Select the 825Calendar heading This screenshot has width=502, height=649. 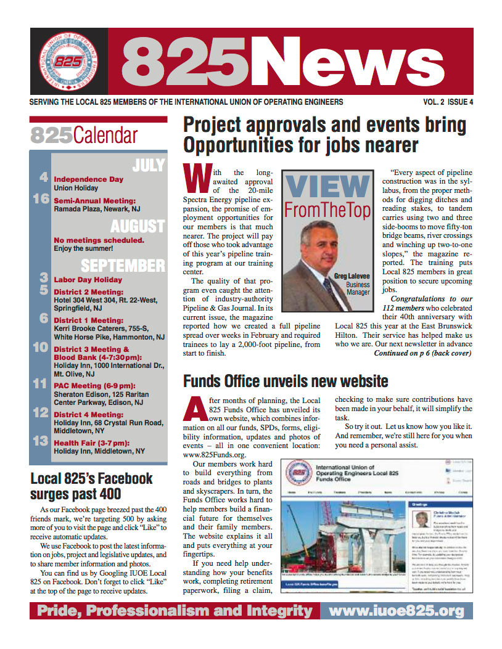point(84,135)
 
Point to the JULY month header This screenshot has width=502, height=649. point(148,165)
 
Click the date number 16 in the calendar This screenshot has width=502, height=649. point(41,200)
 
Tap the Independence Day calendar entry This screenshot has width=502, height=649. point(89,179)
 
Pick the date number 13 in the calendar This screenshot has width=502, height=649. point(41,441)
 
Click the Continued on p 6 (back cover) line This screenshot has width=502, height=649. point(422,353)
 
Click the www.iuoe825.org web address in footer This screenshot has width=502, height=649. point(396,611)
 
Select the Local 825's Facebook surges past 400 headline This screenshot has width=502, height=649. point(91,486)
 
